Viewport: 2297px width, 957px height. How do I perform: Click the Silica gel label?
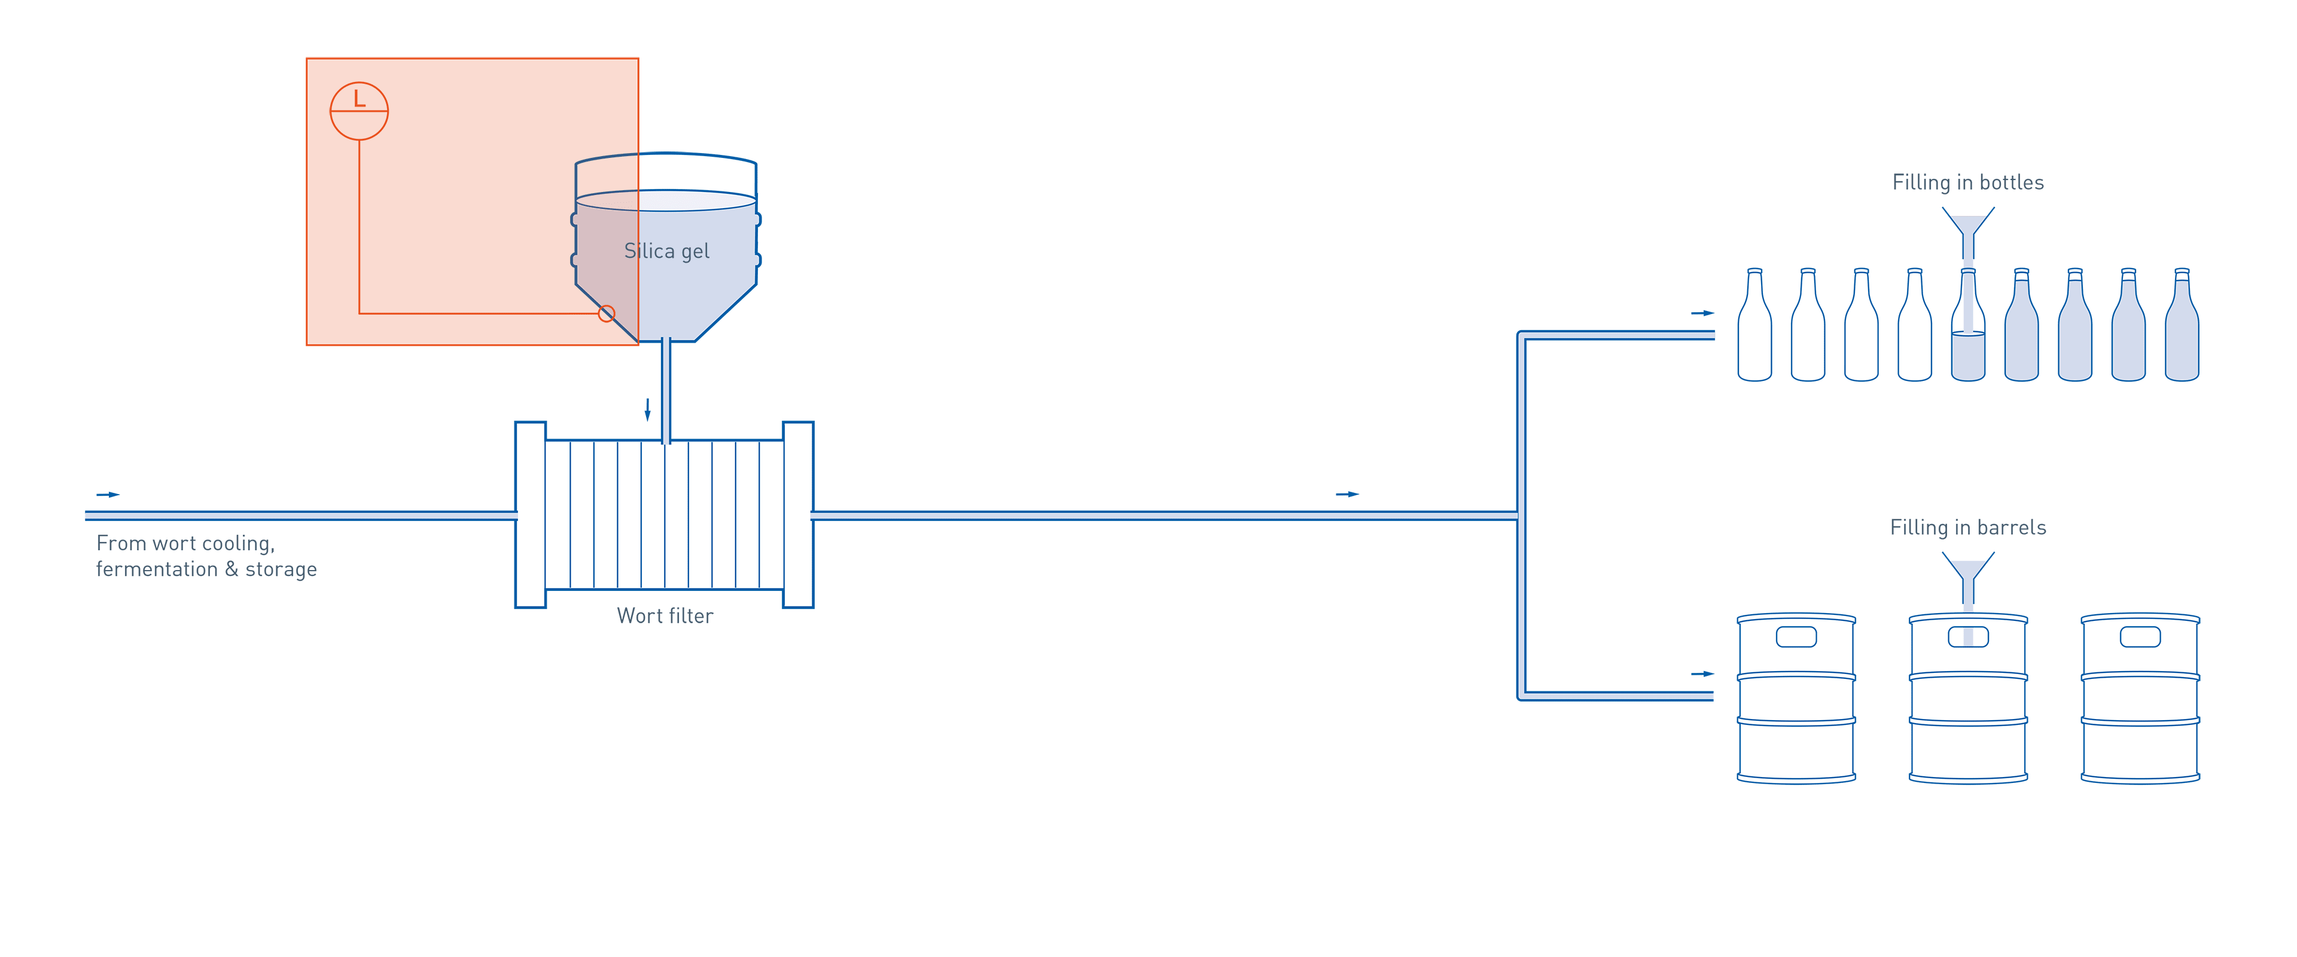[x=666, y=252]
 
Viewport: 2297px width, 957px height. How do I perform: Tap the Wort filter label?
[x=665, y=616]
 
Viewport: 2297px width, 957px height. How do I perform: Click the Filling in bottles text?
[x=1968, y=183]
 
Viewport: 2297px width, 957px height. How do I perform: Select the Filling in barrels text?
[x=1968, y=528]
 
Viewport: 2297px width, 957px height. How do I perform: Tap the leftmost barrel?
[x=1797, y=700]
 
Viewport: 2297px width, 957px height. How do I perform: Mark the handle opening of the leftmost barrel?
[x=1797, y=637]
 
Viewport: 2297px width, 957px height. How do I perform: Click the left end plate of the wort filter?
[x=531, y=514]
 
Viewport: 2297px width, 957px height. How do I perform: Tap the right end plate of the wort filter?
[x=798, y=514]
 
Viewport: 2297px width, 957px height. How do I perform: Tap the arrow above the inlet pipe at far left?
[x=108, y=494]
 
